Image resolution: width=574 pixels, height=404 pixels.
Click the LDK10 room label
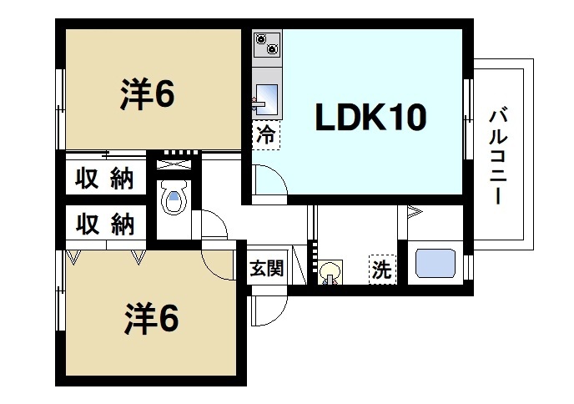tap(370, 119)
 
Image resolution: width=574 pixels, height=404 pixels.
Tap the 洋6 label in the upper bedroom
tap(147, 95)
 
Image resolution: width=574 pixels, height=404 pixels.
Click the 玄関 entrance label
tap(266, 269)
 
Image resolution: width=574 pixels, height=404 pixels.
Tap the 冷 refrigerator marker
tap(265, 134)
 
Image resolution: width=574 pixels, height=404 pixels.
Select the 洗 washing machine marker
tap(381, 270)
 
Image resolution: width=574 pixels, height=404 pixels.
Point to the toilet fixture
tap(174, 199)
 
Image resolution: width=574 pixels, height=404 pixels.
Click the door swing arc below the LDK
tap(269, 181)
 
